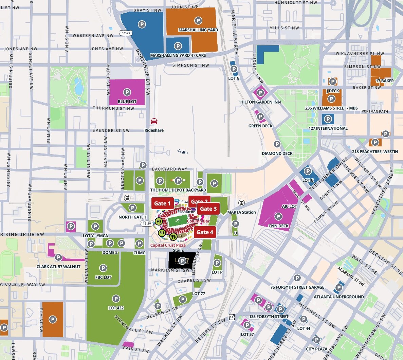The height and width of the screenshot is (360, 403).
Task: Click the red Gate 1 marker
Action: [x=162, y=203]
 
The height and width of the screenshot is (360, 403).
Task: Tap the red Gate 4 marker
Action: [x=205, y=232]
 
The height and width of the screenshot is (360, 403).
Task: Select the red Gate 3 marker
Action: [x=208, y=209]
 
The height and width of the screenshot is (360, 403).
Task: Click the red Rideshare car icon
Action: [x=154, y=121]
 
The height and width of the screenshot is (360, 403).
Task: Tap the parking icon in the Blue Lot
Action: [x=127, y=92]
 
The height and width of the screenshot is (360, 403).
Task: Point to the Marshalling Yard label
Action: [x=198, y=30]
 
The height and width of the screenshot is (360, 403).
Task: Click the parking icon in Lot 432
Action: [x=116, y=299]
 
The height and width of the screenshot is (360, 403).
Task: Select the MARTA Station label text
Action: [x=241, y=212]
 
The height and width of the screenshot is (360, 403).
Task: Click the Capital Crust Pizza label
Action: [x=168, y=245]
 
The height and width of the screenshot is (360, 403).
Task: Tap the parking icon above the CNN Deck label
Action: [x=278, y=217]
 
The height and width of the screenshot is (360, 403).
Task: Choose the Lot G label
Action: [x=234, y=78]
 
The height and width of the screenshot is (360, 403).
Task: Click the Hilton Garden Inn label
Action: [x=260, y=102]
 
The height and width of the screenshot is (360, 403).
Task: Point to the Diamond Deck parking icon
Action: [x=277, y=144]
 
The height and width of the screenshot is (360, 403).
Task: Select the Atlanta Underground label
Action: [x=338, y=297]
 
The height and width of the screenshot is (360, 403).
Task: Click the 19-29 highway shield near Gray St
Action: [x=125, y=33]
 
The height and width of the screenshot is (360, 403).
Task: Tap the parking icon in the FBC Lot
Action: [x=103, y=268]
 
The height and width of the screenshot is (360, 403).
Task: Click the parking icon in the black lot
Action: [x=182, y=261]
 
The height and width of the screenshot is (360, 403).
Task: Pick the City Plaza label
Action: [x=316, y=349]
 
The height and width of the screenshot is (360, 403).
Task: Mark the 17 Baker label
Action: [x=385, y=81]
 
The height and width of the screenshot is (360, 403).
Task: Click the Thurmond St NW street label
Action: [x=113, y=108]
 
